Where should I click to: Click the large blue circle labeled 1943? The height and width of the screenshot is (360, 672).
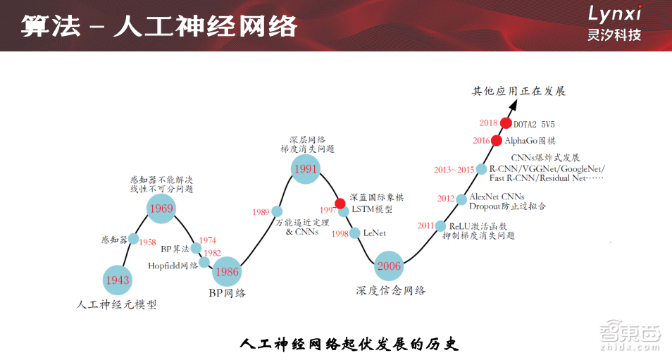tap(118, 280)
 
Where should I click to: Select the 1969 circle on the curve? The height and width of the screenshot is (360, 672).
tap(161, 209)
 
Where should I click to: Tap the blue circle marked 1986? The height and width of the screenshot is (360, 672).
tap(227, 271)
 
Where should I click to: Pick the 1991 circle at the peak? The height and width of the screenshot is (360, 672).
tap(306, 169)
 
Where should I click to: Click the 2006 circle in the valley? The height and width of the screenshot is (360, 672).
tap(389, 266)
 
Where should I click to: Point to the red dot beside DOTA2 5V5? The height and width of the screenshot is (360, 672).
tap(506, 123)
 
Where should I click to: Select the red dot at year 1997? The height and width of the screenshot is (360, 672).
tap(340, 204)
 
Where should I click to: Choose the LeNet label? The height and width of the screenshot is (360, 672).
tap(375, 233)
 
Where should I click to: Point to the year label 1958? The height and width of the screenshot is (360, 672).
tap(148, 242)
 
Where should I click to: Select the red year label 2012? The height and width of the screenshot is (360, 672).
tap(446, 199)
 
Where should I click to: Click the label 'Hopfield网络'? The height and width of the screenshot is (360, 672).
tap(173, 266)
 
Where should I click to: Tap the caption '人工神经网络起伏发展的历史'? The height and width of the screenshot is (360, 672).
tap(349, 345)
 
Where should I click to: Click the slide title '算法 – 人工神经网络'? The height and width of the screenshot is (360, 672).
tap(158, 26)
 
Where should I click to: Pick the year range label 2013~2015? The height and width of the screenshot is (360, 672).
tap(454, 170)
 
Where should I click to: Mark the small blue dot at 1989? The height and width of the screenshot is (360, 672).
tap(277, 211)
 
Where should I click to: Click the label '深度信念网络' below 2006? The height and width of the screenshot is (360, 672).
tap(390, 290)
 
